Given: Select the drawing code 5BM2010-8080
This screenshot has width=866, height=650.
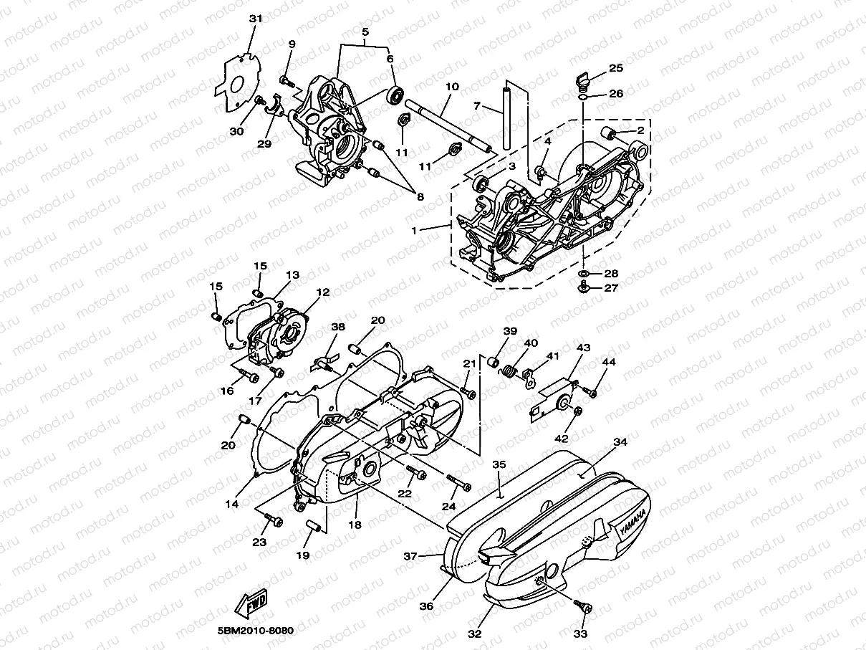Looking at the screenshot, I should coord(256,631).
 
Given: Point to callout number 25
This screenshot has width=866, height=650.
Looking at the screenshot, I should coord(616,68).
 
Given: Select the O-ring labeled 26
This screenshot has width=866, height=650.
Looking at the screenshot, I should coord(583,96).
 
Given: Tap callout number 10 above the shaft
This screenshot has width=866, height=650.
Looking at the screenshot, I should coord(452,87).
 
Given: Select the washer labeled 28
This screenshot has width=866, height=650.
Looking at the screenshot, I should coord(583,274).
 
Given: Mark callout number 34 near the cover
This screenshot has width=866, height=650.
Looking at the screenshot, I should coord(620,442).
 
